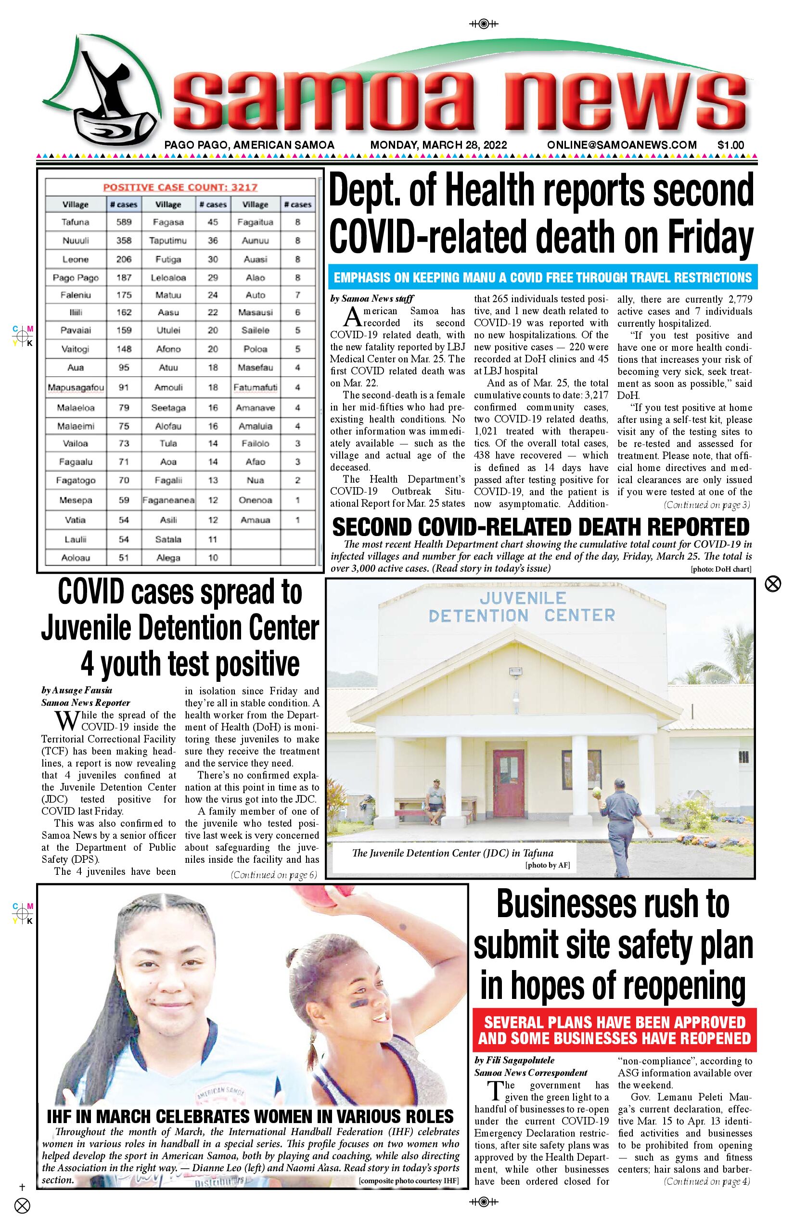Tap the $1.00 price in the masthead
(x=730, y=145)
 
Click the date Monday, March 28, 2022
(x=438, y=145)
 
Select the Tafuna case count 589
(x=124, y=222)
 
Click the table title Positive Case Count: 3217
(x=180, y=188)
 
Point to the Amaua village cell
(x=255, y=520)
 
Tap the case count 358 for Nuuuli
(x=124, y=241)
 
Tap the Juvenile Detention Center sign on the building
(x=522, y=607)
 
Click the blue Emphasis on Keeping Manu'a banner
(x=542, y=277)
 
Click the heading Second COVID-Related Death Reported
(x=541, y=527)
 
